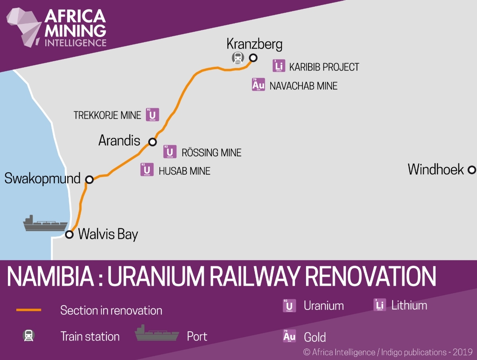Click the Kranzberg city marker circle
click(x=253, y=57)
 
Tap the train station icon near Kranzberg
click(x=238, y=58)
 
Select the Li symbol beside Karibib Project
click(x=279, y=66)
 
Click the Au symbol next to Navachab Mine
click(x=258, y=84)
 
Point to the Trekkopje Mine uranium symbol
click(x=152, y=115)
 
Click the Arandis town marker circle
click(x=152, y=142)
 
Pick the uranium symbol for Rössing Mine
click(x=170, y=152)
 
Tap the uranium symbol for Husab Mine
click(x=147, y=169)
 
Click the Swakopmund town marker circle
click(x=90, y=179)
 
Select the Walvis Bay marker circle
click(x=70, y=234)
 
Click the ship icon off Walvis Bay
click(x=45, y=224)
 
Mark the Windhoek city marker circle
click(x=471, y=170)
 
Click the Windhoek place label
click(x=436, y=170)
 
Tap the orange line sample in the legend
click(x=29, y=310)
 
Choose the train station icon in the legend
click(x=29, y=336)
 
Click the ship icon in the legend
click(x=157, y=333)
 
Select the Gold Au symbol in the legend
click(x=289, y=336)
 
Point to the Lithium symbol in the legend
click(x=380, y=305)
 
